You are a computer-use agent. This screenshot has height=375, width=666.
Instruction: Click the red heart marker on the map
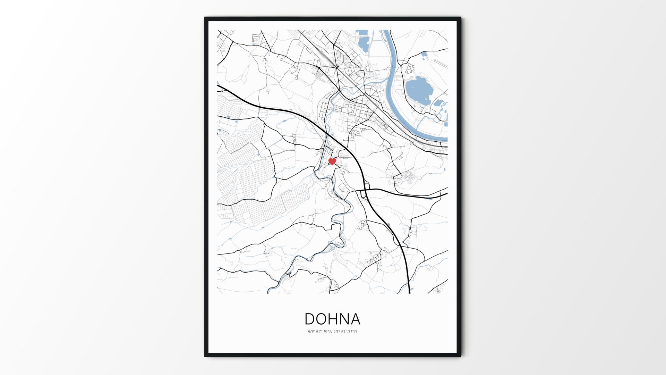pyautogui.click(x=332, y=161)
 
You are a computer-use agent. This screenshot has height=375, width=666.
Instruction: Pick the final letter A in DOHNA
pyautogui.click(x=356, y=319)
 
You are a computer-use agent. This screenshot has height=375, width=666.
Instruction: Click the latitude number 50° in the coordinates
pyautogui.click(x=310, y=332)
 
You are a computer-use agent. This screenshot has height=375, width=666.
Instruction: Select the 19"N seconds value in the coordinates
pyautogui.click(x=326, y=332)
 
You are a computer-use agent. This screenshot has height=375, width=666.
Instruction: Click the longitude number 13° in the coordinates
pyautogui.click(x=336, y=332)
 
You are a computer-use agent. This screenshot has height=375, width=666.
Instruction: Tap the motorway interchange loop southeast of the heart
pyautogui.click(x=365, y=192)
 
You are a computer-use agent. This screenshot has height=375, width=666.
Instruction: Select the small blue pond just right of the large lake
pyautogui.click(x=439, y=103)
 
